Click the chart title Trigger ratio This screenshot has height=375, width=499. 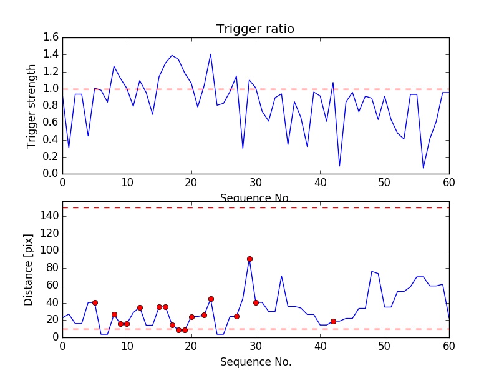click(x=255, y=29)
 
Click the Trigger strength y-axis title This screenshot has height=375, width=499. click(x=32, y=106)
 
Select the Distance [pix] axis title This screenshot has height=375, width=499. click(x=29, y=269)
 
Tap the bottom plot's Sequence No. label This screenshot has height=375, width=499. click(x=255, y=362)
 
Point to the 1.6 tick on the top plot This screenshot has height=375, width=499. click(x=52, y=37)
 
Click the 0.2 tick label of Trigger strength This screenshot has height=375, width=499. click(x=52, y=156)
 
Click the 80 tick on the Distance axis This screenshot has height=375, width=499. click(x=52, y=267)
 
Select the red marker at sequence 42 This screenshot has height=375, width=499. click(x=333, y=321)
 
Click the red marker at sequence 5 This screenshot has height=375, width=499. click(x=95, y=302)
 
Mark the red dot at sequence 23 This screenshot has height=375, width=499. click(x=211, y=299)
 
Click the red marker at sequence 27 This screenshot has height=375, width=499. click(x=236, y=316)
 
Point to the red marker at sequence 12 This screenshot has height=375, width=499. click(x=140, y=307)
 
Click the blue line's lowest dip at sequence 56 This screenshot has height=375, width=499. click(x=424, y=167)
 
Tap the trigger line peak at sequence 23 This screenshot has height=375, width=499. click(x=211, y=54)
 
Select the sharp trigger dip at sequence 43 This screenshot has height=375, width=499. click(x=339, y=166)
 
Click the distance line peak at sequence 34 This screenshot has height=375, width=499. click(x=281, y=276)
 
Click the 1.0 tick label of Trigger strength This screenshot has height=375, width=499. click(x=52, y=89)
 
